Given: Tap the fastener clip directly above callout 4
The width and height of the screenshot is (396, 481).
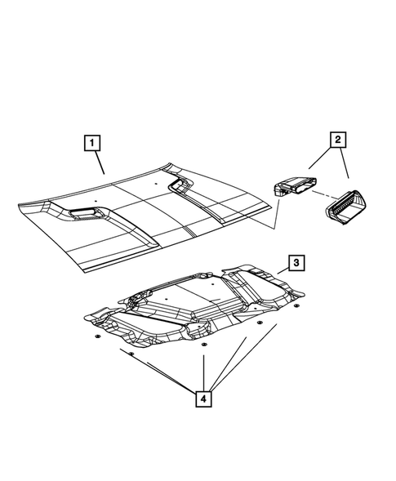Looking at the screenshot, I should pos(202,355).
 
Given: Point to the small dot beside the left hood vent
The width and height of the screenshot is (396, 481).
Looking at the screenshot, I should pos(96,199).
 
